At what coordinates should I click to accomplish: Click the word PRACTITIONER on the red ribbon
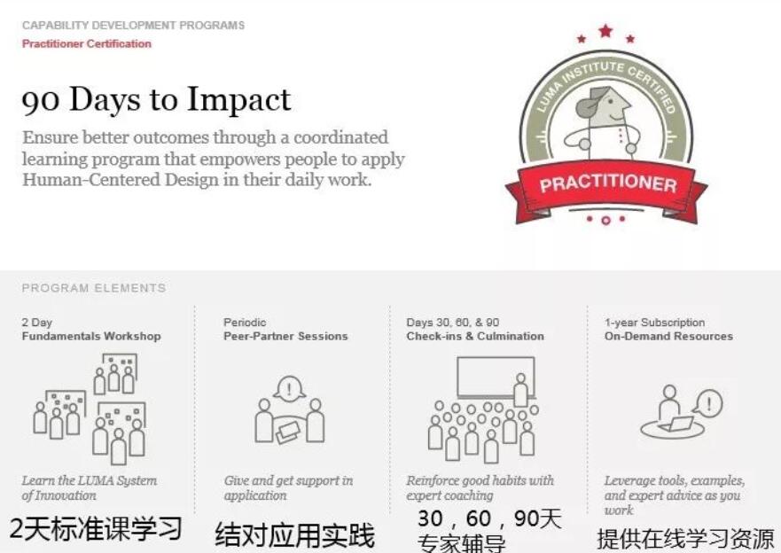[x=607, y=184]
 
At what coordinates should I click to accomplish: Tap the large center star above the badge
[x=605, y=31]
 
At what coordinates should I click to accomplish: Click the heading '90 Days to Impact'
[x=156, y=99]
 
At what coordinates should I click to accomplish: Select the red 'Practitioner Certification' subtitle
[x=87, y=43]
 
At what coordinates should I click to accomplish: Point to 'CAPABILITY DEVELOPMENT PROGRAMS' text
[x=134, y=26]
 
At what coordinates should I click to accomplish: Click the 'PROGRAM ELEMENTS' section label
[x=94, y=288]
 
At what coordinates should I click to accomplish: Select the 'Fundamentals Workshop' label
[x=91, y=337]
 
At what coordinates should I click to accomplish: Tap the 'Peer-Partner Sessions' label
[x=285, y=337]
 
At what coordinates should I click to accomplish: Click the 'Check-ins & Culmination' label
[x=475, y=337]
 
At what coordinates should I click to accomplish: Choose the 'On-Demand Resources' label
[x=668, y=337]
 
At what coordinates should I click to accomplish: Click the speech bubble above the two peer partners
[x=289, y=389]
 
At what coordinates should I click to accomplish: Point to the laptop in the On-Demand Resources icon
[x=676, y=424]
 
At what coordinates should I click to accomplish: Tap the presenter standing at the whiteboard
[x=521, y=390]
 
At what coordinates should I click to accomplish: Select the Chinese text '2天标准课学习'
[x=96, y=528]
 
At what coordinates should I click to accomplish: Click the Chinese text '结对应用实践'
[x=294, y=535]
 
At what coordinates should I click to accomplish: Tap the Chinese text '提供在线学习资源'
[x=685, y=539]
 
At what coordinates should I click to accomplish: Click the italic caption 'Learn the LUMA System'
[x=90, y=481]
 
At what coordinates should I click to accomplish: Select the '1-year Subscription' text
[x=654, y=323]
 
